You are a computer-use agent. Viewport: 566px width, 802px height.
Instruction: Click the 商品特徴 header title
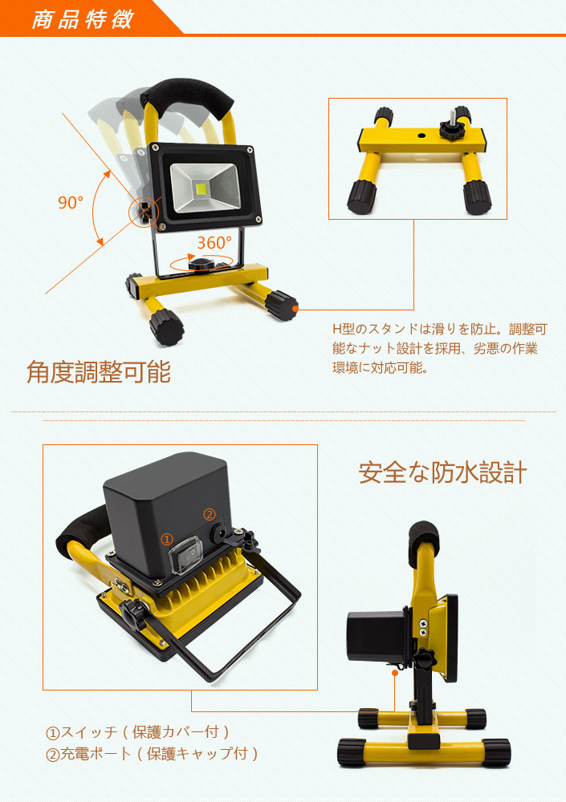click(x=83, y=19)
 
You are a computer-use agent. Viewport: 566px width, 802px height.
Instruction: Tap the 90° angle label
click(x=70, y=203)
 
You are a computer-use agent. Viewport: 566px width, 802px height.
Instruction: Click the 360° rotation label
click(x=214, y=242)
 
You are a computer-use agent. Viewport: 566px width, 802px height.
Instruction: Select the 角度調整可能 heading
click(x=98, y=372)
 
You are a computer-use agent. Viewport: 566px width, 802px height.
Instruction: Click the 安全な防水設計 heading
click(x=442, y=472)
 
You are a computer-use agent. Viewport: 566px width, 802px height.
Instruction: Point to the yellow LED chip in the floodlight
click(x=202, y=189)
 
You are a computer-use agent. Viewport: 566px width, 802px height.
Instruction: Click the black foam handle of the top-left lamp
click(x=188, y=97)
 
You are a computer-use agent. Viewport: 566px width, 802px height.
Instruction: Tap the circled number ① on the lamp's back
click(x=167, y=539)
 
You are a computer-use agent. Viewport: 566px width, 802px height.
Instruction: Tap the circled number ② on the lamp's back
click(x=210, y=514)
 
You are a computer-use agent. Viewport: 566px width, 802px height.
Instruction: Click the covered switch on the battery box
click(x=185, y=555)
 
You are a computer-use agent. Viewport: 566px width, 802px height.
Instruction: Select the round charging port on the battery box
click(x=218, y=533)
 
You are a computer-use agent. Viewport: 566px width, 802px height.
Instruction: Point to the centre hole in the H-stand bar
click(x=421, y=136)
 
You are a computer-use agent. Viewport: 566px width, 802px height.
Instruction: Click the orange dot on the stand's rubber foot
click(x=295, y=309)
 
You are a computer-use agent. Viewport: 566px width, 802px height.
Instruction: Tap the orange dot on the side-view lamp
click(x=395, y=673)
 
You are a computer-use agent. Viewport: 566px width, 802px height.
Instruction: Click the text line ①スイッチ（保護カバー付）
click(x=138, y=732)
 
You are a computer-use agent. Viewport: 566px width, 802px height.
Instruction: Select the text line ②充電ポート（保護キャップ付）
click(x=152, y=753)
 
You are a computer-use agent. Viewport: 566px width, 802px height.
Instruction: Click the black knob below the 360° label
click(x=202, y=265)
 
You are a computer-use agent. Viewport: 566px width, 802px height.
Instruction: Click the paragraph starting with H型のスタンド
click(x=439, y=348)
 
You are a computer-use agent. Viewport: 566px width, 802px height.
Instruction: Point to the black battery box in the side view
click(x=378, y=637)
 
